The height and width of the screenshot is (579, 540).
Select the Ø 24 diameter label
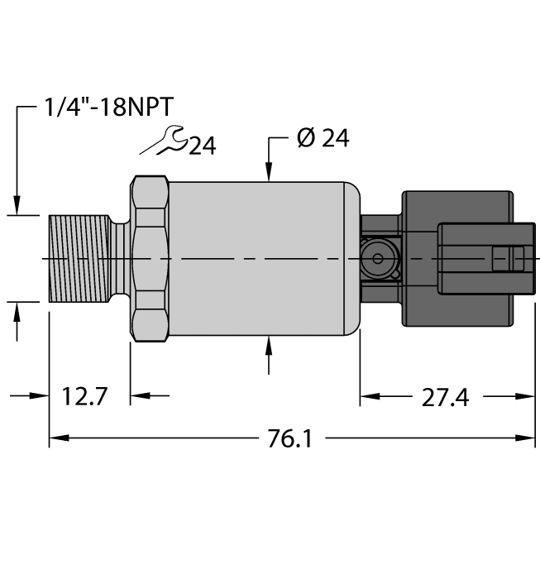(323, 138)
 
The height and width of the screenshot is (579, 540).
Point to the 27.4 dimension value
(445, 398)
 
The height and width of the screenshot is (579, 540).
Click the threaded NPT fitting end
(79, 258)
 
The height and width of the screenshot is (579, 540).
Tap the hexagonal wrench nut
(150, 258)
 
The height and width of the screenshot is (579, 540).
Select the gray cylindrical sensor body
(256, 258)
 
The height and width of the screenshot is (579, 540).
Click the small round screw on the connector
(378, 259)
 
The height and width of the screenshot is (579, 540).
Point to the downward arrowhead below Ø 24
(268, 171)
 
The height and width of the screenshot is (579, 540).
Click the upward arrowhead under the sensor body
(268, 346)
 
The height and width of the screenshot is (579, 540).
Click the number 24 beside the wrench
(202, 146)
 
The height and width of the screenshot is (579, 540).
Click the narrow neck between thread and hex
(121, 258)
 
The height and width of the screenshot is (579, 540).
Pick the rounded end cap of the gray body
(352, 258)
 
